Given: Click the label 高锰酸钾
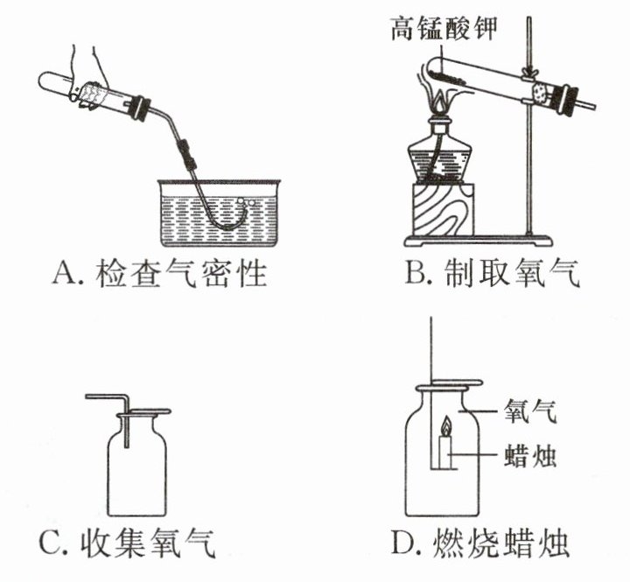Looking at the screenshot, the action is (444, 28).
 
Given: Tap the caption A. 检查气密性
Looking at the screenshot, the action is (160, 274).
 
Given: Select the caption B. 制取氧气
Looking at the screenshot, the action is (493, 273).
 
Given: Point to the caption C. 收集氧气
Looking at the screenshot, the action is (127, 543).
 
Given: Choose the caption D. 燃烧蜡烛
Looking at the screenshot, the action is (480, 543).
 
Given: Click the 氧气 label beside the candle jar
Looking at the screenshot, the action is (530, 410).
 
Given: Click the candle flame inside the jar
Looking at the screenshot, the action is (446, 426).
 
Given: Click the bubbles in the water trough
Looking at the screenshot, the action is (246, 201).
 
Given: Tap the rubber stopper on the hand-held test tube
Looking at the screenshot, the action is (142, 108).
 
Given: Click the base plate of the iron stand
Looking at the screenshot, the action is (478, 242).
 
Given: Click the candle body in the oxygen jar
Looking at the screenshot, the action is (445, 452).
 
